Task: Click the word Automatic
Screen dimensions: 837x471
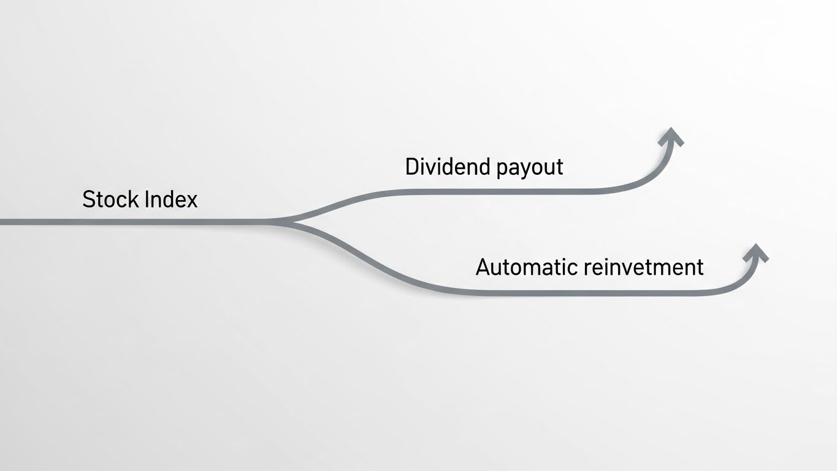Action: click(x=527, y=267)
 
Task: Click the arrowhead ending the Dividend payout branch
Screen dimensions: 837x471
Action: click(x=671, y=136)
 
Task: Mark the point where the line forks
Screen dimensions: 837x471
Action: click(x=288, y=221)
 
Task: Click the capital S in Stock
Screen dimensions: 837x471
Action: click(x=89, y=199)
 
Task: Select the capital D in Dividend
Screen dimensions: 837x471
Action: click(x=413, y=166)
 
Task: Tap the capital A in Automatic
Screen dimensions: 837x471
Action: click(x=484, y=267)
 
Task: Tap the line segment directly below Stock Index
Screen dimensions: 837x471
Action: click(x=140, y=221)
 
